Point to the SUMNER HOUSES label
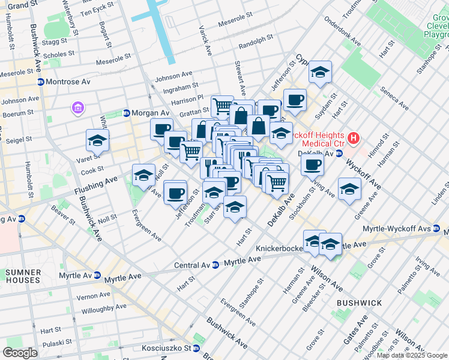pos(23,276)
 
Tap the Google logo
pos(20,352)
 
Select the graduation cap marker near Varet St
pos(98,140)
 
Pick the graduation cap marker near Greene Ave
pos(350,189)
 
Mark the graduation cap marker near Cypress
pos(321,73)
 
